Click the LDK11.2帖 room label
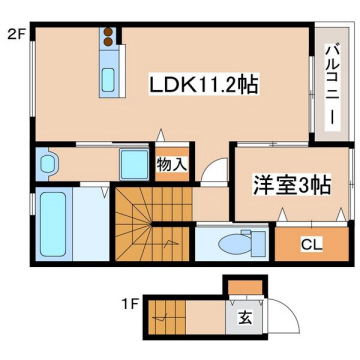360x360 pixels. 205,86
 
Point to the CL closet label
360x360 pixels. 311,243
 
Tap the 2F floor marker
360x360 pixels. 16,34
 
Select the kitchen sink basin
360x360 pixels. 109,82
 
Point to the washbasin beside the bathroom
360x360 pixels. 45,164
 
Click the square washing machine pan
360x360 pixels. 133,165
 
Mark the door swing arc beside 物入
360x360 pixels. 212,172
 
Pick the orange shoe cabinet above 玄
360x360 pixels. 243,291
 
